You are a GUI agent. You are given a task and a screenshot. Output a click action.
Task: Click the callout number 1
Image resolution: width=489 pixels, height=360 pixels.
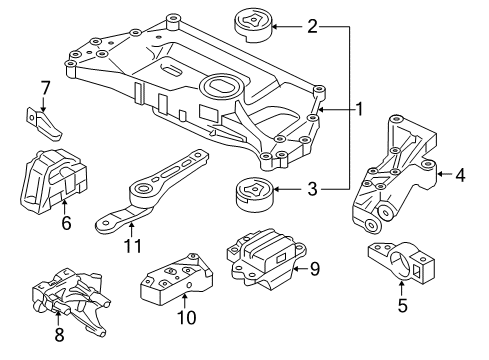(x=359, y=109)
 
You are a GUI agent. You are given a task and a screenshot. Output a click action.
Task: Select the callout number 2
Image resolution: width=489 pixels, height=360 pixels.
(x=312, y=26)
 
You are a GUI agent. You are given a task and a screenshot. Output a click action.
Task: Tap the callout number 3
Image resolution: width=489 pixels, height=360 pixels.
(x=312, y=189)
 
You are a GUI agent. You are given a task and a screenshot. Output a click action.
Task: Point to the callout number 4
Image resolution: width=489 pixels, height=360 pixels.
(x=460, y=174)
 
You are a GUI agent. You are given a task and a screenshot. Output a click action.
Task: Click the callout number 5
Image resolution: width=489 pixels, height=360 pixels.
(x=403, y=305)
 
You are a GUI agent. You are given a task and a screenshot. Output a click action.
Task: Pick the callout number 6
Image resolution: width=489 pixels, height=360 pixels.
(x=66, y=222)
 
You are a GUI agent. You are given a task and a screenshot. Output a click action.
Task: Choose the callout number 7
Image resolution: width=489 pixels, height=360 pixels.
(x=45, y=88)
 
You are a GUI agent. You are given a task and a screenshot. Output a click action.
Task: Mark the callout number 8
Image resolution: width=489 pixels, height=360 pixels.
(x=59, y=334)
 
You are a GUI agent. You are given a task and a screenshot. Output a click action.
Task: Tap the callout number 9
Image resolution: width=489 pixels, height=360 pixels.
(x=314, y=269)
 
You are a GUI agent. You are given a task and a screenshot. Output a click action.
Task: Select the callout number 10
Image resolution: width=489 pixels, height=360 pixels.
(x=187, y=317)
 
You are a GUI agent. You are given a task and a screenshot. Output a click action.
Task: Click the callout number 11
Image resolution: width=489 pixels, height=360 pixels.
(x=133, y=246)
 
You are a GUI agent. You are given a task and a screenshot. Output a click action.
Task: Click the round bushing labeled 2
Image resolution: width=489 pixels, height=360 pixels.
(x=254, y=27)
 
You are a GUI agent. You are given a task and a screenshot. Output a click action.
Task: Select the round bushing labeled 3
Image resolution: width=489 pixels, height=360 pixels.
(x=254, y=195)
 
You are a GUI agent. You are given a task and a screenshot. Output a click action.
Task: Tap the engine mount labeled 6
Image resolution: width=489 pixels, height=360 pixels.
(x=53, y=181)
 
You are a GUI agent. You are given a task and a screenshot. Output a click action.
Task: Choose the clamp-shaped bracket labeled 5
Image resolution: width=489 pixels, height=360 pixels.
(x=401, y=263)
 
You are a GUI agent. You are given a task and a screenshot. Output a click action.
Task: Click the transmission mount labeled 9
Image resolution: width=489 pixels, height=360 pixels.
(x=267, y=257)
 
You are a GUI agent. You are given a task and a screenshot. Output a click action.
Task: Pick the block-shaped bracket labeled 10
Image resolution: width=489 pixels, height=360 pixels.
(x=177, y=279)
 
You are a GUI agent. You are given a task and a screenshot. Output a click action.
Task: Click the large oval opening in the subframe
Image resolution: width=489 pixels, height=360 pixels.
(x=220, y=86)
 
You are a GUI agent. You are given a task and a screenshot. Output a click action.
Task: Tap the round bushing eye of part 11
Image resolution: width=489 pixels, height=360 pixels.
(x=143, y=189)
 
